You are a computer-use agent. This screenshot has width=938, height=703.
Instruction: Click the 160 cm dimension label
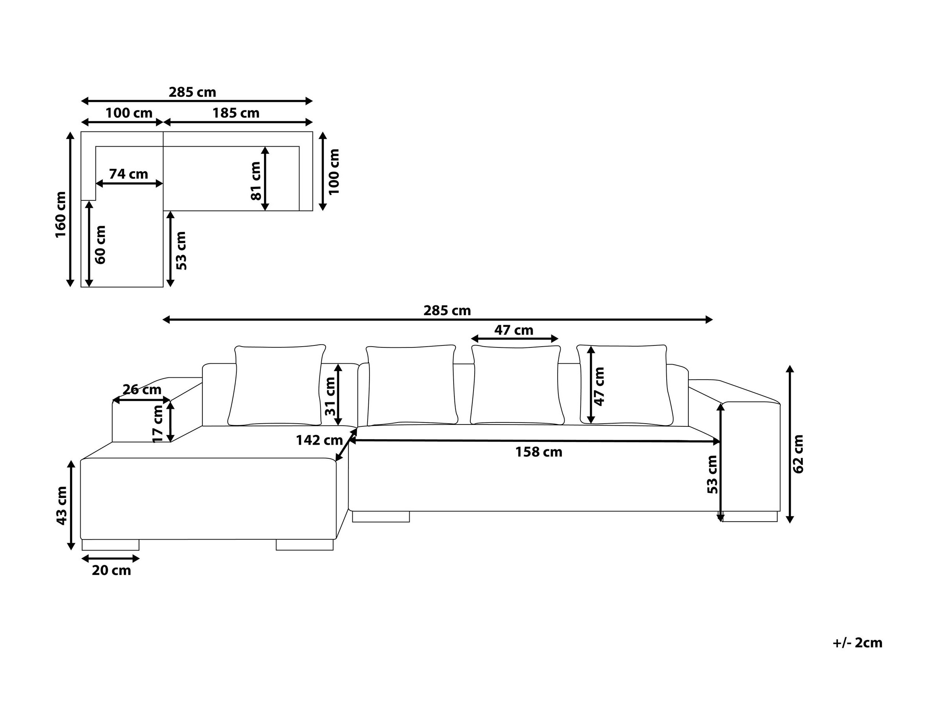click(61, 214)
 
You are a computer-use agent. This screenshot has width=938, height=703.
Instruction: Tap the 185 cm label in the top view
click(236, 113)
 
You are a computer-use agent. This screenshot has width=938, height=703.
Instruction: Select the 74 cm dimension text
click(128, 174)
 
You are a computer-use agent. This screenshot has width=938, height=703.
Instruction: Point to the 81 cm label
click(256, 181)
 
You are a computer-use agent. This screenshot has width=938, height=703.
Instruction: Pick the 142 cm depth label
click(319, 440)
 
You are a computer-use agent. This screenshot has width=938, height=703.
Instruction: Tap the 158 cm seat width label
click(539, 452)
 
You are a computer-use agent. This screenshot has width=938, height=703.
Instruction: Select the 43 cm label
click(62, 505)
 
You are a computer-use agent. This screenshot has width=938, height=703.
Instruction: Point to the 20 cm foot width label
click(111, 570)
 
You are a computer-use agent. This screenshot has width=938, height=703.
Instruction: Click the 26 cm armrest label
click(142, 389)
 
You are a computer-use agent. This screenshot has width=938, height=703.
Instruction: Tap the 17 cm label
click(158, 423)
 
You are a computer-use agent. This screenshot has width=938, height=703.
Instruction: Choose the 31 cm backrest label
click(330, 396)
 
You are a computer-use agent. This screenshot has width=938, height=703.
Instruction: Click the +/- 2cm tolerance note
click(857, 643)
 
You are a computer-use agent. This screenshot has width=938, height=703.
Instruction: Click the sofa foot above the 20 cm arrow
click(111, 545)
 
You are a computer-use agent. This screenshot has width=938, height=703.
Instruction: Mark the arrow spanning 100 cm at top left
click(122, 123)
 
